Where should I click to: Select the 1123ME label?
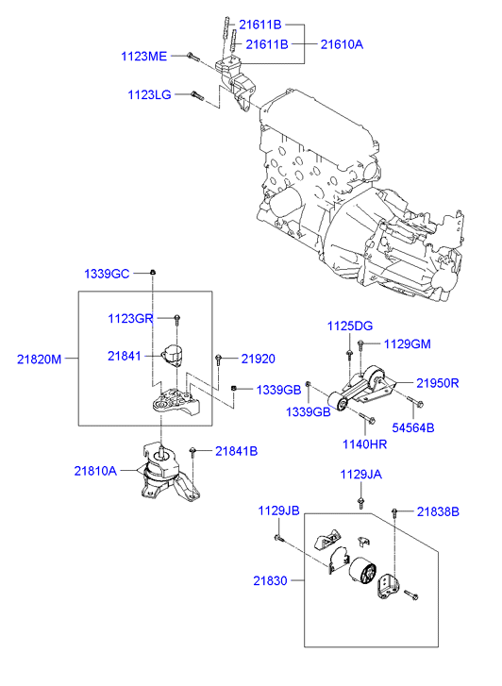pos(143,57)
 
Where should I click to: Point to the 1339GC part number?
pos(107,273)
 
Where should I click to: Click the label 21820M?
pos(40,359)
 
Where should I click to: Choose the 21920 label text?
pos(258,359)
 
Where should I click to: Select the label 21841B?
pos(236,450)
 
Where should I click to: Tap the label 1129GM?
pos(407,343)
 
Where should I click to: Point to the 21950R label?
pos(438,382)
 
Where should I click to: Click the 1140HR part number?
pos(365,443)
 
